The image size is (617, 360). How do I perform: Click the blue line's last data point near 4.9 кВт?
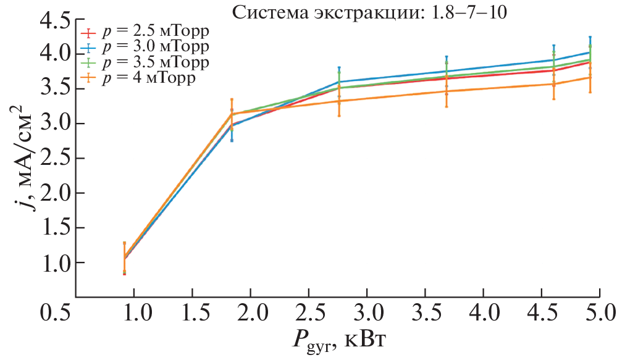point(590,52)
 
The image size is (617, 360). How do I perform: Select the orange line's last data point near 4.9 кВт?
point(590,77)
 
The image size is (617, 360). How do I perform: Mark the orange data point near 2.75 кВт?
point(339,101)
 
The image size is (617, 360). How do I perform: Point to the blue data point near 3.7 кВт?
point(446,71)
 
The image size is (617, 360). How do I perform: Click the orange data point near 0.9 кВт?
point(124,257)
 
